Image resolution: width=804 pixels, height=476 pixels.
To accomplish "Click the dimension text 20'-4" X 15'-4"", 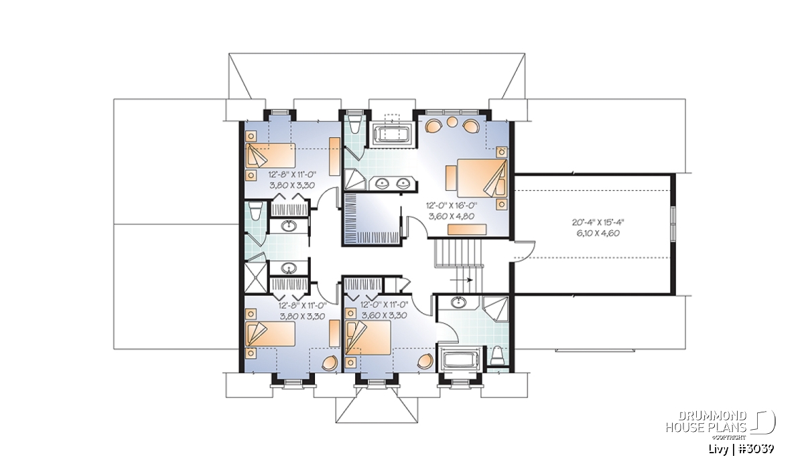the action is (x=598, y=222).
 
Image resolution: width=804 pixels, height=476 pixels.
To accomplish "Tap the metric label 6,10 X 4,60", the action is (x=598, y=234).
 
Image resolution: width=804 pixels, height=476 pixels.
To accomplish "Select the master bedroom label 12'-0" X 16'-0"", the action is (x=452, y=206).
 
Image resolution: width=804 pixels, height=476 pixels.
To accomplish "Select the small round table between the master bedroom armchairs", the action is (x=452, y=122).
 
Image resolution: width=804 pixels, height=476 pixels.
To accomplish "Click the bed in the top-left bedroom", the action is (x=270, y=155).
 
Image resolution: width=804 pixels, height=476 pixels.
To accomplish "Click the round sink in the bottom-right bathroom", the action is (x=458, y=303).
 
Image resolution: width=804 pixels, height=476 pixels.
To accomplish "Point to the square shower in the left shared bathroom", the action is (x=256, y=278).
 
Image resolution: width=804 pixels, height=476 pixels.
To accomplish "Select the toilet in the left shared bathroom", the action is (x=255, y=212).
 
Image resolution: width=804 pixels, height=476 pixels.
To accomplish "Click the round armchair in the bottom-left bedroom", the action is (x=330, y=363).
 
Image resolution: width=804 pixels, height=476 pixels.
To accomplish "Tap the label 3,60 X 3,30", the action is (x=384, y=315).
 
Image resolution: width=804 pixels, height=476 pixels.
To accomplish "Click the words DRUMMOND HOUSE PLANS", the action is (x=707, y=422).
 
